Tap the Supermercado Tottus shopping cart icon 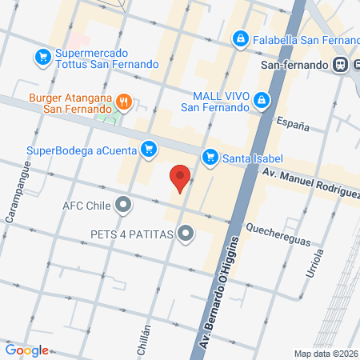(x=42, y=57)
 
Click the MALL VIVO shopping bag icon (x=261, y=99)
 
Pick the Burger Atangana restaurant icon (x=123, y=102)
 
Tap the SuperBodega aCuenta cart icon (x=147, y=148)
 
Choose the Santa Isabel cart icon (x=210, y=157)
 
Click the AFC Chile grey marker (x=122, y=204)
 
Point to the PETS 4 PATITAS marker (x=186, y=234)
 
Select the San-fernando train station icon (x=341, y=64)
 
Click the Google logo (x=26, y=350)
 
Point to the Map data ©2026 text (x=325, y=354)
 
